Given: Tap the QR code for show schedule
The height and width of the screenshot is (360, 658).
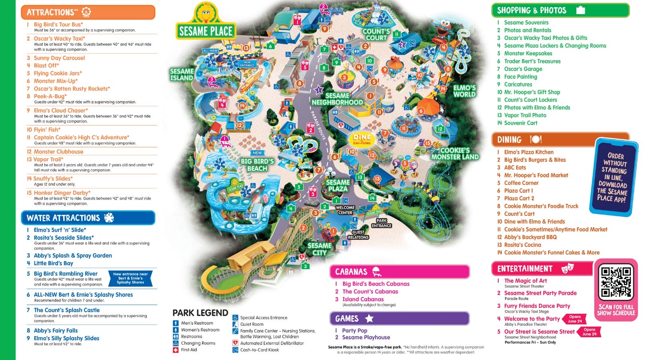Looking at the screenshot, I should (616, 282).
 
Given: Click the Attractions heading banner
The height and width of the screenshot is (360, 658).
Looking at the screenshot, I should (88, 12).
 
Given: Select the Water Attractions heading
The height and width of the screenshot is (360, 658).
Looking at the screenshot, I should (88, 218).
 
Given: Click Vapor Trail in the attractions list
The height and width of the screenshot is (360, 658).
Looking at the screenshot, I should (48, 159).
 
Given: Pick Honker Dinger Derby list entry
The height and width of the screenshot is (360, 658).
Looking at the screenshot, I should (62, 193).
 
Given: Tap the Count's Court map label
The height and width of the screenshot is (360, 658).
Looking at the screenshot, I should (376, 35).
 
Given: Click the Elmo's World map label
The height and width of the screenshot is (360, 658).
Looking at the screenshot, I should (464, 91).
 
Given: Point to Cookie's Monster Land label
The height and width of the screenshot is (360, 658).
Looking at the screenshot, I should (454, 154).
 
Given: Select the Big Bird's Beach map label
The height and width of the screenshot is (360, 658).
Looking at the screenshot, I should (257, 165).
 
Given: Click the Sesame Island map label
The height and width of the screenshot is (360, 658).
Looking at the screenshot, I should (182, 74).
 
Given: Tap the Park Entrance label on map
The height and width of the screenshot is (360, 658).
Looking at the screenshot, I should (381, 223).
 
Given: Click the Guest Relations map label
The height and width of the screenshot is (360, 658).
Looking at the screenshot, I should (358, 235).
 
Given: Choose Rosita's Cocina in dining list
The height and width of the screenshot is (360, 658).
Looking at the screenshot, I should (522, 245).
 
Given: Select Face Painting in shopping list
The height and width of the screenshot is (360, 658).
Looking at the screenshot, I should (520, 76).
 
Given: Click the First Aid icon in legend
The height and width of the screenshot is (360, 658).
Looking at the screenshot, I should (176, 350).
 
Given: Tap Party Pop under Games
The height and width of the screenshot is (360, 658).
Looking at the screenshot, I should (354, 331).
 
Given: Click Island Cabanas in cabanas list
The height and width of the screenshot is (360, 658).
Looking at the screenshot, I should (363, 299).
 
